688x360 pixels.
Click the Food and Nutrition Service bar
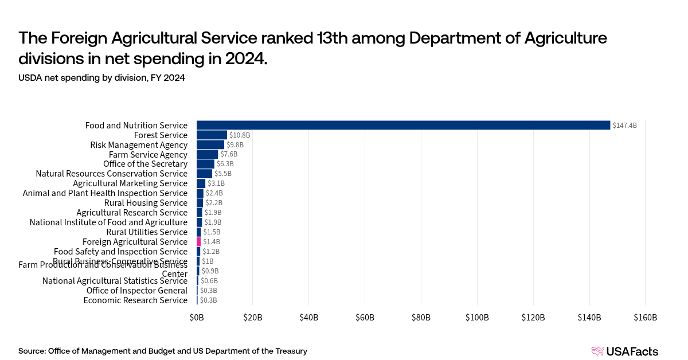tap(403, 125)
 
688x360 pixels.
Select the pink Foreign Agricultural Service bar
tap(199, 242)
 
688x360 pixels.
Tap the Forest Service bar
tap(212, 135)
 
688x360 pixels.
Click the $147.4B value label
tap(624, 126)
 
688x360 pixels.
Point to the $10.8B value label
tap(240, 135)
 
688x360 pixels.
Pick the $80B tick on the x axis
tap(421, 318)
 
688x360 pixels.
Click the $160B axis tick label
tap(645, 318)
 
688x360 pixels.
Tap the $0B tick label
tap(197, 318)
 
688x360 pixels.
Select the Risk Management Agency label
tap(139, 145)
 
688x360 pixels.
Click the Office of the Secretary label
tap(145, 164)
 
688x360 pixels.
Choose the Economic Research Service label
tap(135, 300)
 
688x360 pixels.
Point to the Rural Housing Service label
tap(146, 203)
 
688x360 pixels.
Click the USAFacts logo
tap(624, 351)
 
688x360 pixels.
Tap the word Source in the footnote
tap(32, 351)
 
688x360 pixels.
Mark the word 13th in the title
tap(337, 38)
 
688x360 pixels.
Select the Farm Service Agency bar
tap(207, 154)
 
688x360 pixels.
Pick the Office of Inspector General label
tap(136, 291)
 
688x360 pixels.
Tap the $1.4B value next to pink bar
tap(212, 242)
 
